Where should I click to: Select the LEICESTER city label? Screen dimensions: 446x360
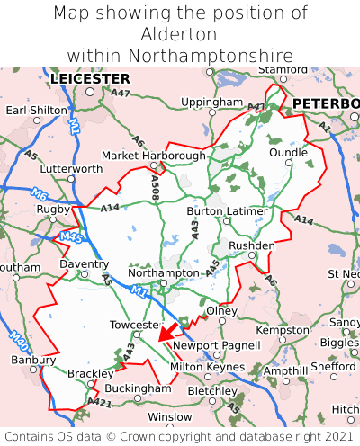pyautogui.click(x=90, y=79)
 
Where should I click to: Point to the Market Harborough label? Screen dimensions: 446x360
pyautogui.click(x=154, y=156)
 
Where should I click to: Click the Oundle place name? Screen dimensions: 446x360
pyautogui.click(x=288, y=153)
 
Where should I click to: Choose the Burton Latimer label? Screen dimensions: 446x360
pyautogui.click(x=227, y=211)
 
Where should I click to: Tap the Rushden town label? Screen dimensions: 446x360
pyautogui.click(x=252, y=245)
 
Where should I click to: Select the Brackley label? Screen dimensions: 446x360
pyautogui.click(x=91, y=372)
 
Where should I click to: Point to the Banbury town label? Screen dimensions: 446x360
pyautogui.click(x=34, y=361)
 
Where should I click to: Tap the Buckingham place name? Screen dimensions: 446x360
pyautogui.click(x=138, y=388)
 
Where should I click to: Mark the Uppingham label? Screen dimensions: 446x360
pyautogui.click(x=211, y=103)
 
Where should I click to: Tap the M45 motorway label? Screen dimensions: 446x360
pyautogui.click(x=71, y=238)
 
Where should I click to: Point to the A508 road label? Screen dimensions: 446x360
pyautogui.click(x=155, y=186)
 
